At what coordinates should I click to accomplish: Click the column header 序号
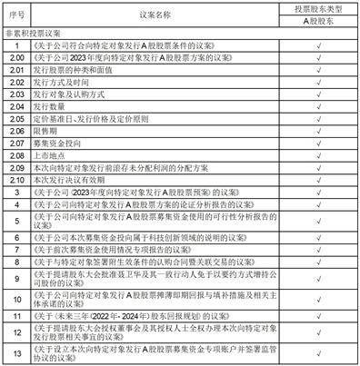click(x=16, y=16)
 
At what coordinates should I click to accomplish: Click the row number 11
click(x=16, y=316)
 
